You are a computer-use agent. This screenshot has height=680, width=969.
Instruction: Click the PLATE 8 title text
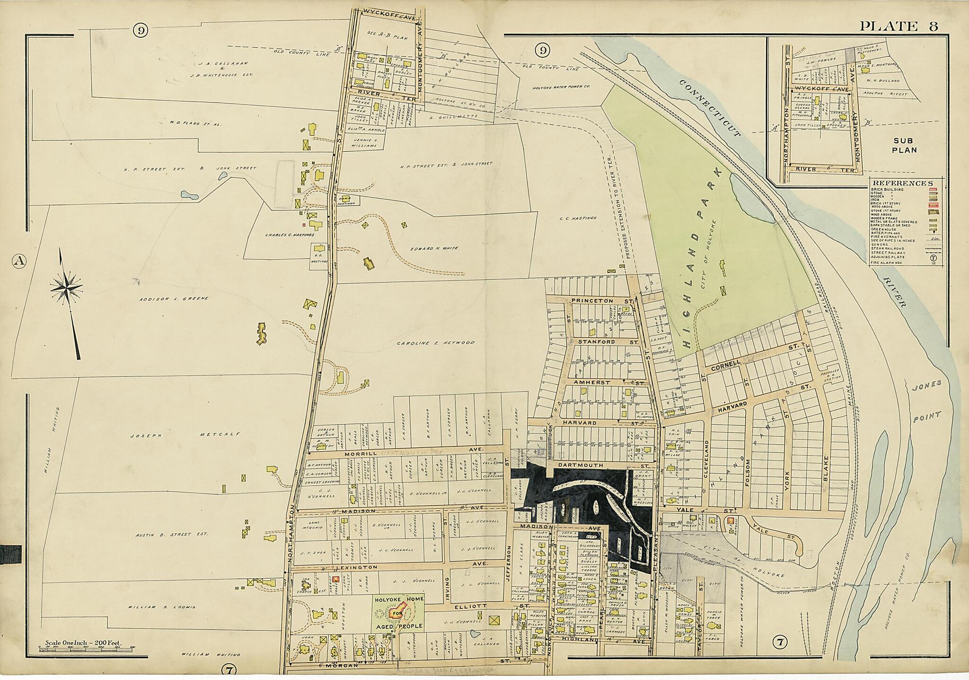pos(899,26)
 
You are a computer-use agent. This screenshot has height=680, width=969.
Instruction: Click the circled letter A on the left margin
pos(19,261)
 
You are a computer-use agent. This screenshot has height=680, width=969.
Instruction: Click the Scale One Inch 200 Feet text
pos(83,643)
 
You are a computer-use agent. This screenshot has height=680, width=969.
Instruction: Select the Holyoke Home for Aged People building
pos(396,614)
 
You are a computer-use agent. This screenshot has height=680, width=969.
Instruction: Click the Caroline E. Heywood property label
pos(435,343)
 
